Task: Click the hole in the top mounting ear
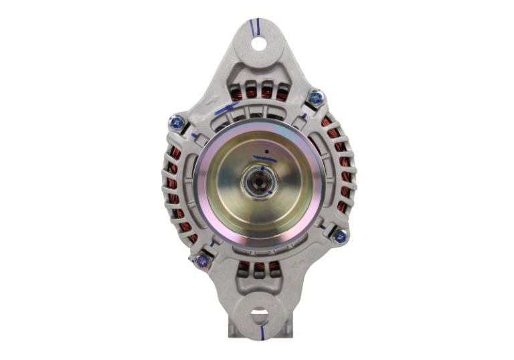click(258, 45)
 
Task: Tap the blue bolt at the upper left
click(177, 122)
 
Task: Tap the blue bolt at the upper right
click(315, 99)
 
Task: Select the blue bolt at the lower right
click(339, 236)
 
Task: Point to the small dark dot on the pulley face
click(266, 152)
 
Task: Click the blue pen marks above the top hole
click(254, 27)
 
